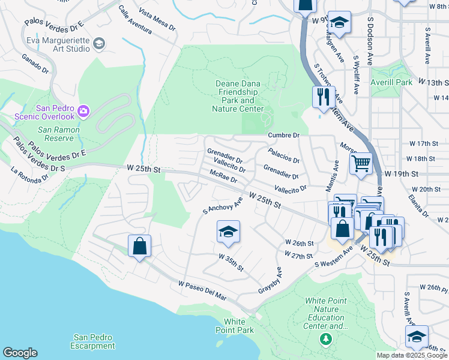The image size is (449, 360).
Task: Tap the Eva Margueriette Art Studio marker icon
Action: [99, 43]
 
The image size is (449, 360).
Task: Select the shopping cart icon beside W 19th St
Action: [361, 163]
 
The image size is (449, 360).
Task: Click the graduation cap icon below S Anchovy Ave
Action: [228, 232]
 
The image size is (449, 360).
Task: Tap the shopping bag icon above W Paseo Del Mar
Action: [139, 246]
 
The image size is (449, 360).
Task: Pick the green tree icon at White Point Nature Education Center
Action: [326, 340]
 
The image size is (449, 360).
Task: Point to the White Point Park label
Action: [238, 326]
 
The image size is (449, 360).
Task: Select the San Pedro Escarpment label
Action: [92, 341]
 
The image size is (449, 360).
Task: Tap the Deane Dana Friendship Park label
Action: [238, 97]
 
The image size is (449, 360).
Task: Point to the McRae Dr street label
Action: [223, 176]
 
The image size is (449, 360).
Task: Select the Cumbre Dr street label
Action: [283, 136]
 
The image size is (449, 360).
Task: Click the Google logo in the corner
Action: [20, 353]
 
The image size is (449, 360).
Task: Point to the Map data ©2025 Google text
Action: [411, 355]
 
